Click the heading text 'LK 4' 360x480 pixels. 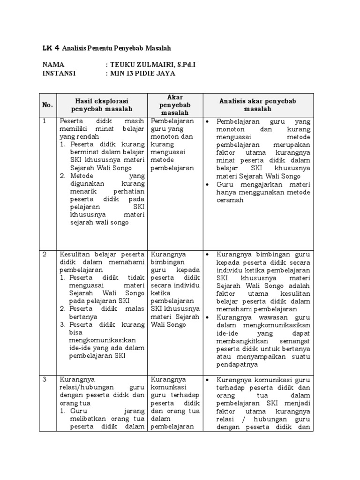(x=50, y=48)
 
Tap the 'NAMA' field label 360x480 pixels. (x=53, y=65)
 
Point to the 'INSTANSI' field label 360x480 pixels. (x=59, y=73)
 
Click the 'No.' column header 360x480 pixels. (x=48, y=105)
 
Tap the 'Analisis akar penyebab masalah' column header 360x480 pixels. (x=258, y=105)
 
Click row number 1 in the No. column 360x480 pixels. (x=45, y=121)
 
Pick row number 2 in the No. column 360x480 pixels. (x=45, y=254)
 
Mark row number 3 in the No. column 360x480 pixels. (x=45, y=379)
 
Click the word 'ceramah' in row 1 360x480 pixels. (x=231, y=200)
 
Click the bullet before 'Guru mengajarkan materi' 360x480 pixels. (x=208, y=185)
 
